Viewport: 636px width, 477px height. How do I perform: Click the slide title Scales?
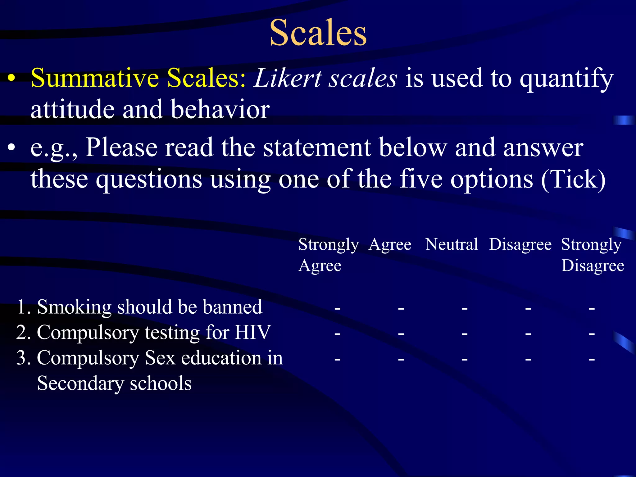tap(318, 33)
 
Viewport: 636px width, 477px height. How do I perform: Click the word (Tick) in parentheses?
tap(573, 179)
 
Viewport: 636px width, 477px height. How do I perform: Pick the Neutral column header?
tap(452, 244)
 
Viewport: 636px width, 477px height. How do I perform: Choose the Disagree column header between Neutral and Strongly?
tap(520, 245)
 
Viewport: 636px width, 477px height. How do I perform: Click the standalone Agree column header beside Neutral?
tap(390, 245)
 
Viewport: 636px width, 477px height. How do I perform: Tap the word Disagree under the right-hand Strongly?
tap(593, 266)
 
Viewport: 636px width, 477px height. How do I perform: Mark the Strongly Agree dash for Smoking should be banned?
tap(337, 308)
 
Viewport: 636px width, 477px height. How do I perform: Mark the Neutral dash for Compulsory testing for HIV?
tap(465, 334)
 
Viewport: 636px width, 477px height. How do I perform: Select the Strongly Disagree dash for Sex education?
tap(592, 359)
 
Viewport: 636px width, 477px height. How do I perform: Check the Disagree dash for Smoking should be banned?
tap(528, 308)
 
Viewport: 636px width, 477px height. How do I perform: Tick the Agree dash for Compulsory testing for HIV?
tap(401, 334)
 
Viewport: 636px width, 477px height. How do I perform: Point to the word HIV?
tap(252, 332)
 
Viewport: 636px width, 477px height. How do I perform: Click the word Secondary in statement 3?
tap(80, 383)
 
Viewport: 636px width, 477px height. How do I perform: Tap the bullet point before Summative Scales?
tap(11, 78)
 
